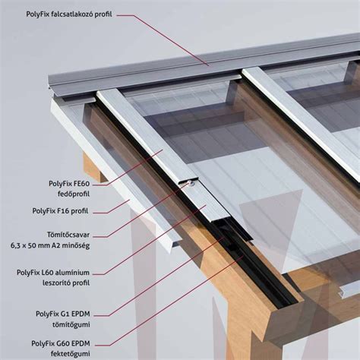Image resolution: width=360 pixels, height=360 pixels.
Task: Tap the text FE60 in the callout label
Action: click(81, 184)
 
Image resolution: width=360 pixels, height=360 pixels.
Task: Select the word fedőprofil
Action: click(74, 194)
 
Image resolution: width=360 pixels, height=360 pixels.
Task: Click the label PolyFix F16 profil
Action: click(60, 211)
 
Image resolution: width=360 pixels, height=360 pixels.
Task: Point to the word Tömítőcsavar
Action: click(68, 235)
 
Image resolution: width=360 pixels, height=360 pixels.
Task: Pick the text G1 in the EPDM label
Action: click(65, 314)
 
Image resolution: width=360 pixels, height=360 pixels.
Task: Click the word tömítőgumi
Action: click(71, 324)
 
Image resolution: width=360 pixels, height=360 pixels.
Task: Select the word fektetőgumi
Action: click(71, 354)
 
